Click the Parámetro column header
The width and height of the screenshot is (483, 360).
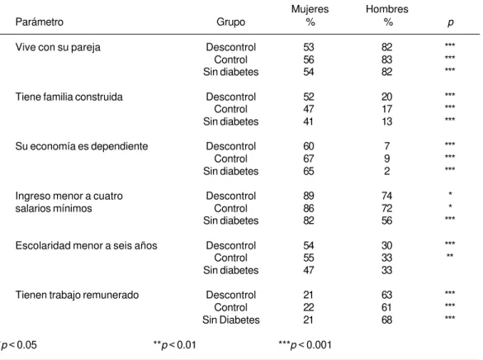click(40, 22)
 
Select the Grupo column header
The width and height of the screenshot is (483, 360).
click(230, 22)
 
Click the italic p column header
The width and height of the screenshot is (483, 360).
click(450, 23)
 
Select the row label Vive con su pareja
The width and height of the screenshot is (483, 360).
click(58, 47)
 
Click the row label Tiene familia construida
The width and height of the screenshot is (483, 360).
click(69, 97)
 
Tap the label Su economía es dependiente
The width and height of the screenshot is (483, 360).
click(82, 146)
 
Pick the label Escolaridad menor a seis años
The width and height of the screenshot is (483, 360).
click(86, 246)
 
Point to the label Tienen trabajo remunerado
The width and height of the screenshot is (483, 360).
click(77, 295)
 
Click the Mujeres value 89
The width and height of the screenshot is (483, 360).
click(309, 196)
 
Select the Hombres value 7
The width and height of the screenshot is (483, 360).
click(387, 146)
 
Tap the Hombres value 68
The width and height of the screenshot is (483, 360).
click(387, 320)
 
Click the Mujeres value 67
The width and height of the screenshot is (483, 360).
click(309, 159)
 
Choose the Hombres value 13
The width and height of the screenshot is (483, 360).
click(387, 121)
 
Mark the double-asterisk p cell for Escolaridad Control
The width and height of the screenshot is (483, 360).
click(450, 255)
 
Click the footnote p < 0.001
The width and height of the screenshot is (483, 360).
click(305, 345)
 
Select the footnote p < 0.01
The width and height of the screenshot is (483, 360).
click(175, 345)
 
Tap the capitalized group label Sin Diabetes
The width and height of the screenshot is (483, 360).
click(230, 320)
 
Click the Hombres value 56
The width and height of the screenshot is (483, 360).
click(387, 220)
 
